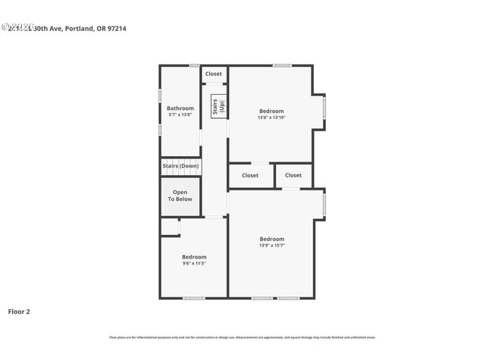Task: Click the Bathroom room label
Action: (180, 108)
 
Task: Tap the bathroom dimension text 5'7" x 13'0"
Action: (180, 115)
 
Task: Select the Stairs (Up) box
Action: (216, 105)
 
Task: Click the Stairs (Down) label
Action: (180, 165)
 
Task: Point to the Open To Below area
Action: (180, 196)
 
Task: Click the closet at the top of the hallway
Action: (214, 74)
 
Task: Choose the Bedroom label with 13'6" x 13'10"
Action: (271, 111)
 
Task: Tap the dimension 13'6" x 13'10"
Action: (271, 118)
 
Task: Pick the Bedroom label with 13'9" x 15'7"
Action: (272, 239)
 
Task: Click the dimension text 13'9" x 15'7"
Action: (272, 245)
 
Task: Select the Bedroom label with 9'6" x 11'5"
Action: (194, 257)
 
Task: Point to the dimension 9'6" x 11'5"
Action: (194, 263)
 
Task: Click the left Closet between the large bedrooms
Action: (250, 175)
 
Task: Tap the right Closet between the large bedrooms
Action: (293, 175)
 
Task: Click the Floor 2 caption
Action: (19, 311)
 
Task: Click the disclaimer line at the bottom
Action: (242, 337)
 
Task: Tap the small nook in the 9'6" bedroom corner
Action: (169, 227)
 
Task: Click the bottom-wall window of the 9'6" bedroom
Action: (193, 297)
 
